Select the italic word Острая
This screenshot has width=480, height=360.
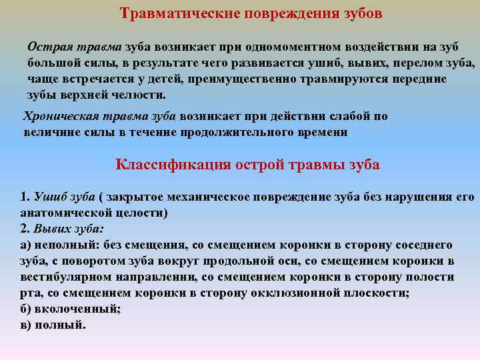click(47, 47)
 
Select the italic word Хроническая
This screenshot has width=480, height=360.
click(58, 116)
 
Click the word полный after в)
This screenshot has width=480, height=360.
click(63, 325)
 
